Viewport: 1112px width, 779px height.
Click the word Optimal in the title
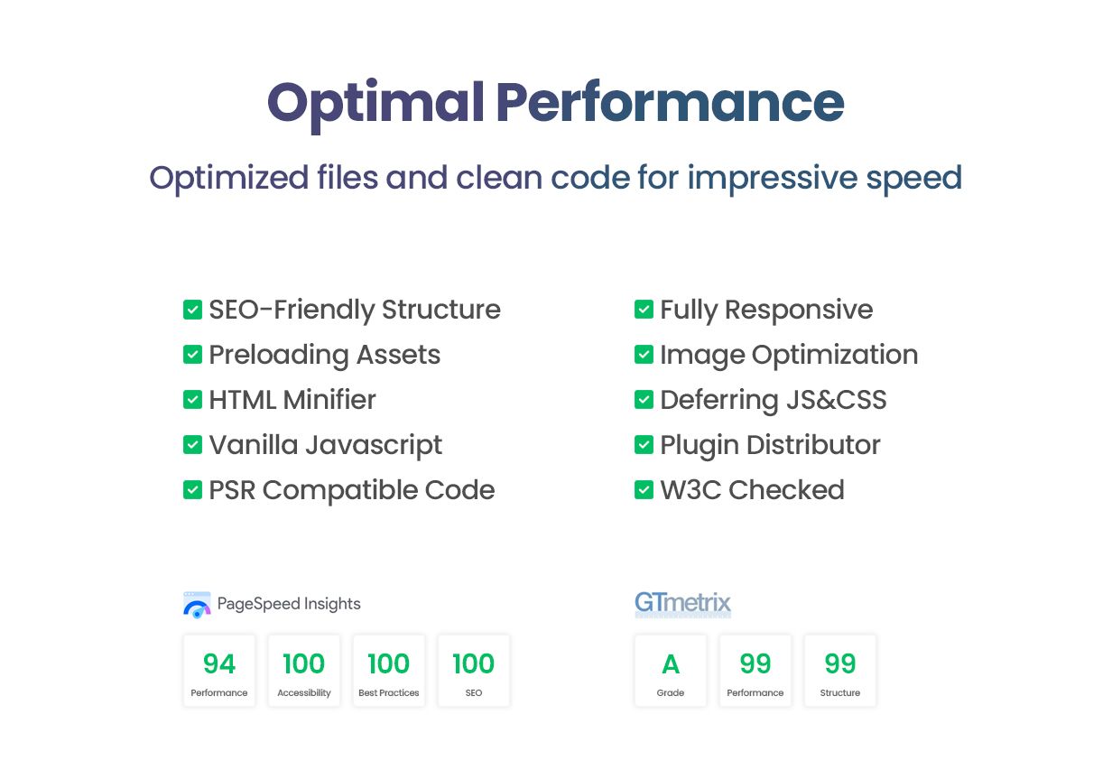[x=375, y=105]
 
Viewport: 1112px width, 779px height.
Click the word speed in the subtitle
[x=914, y=180]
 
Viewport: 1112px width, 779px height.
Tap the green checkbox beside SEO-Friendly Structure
[x=192, y=310]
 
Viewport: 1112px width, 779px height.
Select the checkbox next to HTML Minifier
[x=192, y=400]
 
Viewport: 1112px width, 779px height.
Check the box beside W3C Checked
[x=644, y=490]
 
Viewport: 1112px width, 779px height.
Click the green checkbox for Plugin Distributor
[x=644, y=445]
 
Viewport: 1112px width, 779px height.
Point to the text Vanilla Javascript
[x=325, y=445]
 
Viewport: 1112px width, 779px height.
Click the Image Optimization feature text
[x=789, y=356]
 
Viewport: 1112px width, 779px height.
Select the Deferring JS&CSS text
[x=773, y=400]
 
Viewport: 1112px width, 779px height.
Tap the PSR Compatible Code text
[x=351, y=491]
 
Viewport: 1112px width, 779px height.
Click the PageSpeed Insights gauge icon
[x=197, y=605]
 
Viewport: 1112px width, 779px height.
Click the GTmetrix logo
[x=682, y=604]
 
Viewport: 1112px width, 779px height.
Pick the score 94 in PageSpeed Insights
[x=219, y=663]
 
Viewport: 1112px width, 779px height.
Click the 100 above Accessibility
[x=304, y=663]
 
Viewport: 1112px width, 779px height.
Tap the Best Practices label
[x=389, y=692]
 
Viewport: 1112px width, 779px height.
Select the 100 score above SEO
[x=474, y=663]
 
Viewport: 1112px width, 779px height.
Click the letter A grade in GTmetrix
[x=670, y=664]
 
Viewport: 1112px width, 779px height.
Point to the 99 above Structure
[x=840, y=663]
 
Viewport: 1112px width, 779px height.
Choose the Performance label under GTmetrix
[x=755, y=692]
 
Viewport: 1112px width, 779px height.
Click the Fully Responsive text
[x=766, y=311]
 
